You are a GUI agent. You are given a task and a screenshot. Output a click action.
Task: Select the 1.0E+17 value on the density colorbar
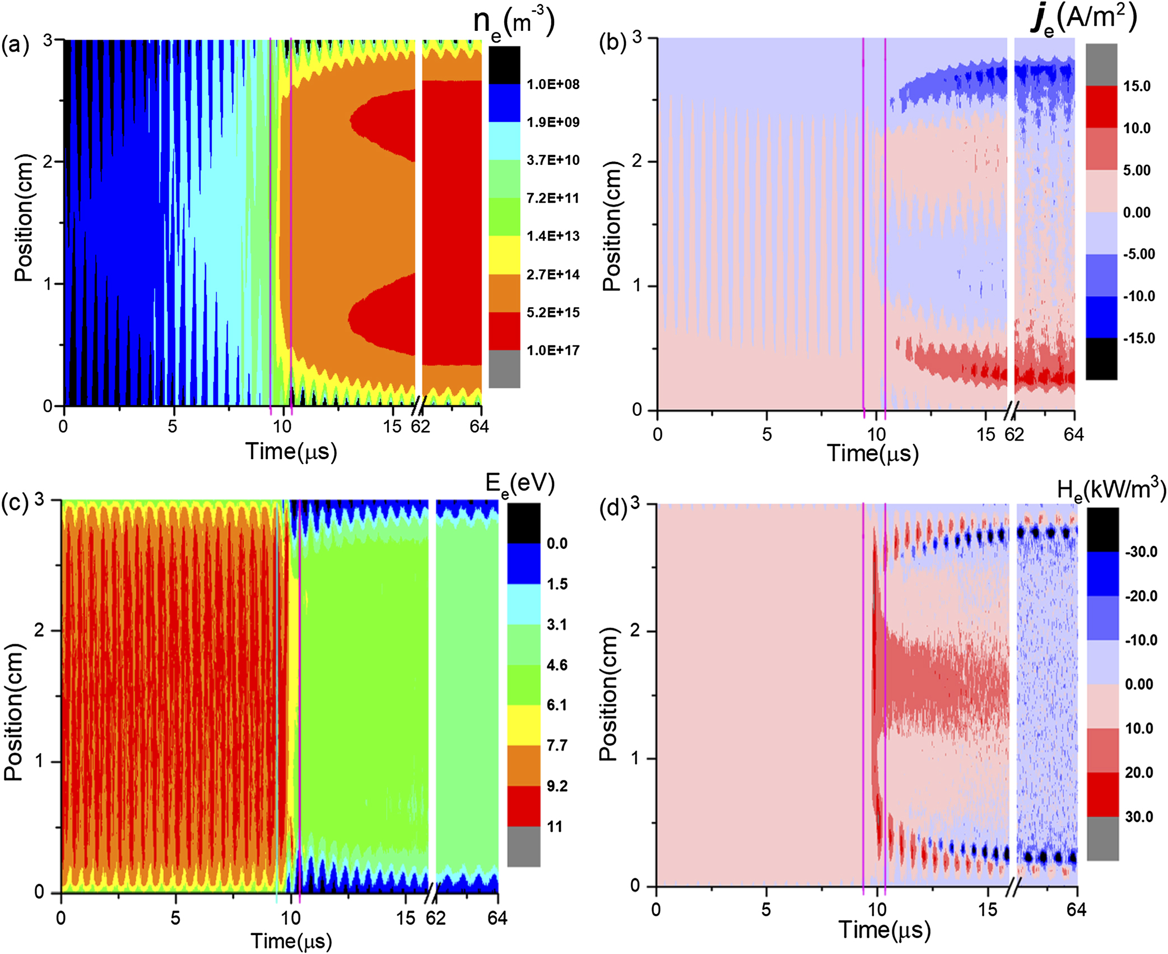click(552, 351)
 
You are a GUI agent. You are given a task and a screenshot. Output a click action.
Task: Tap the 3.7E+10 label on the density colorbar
click(552, 160)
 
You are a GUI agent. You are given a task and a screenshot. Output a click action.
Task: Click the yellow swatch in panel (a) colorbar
click(504, 255)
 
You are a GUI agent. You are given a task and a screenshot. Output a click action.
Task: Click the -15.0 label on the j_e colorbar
click(1138, 339)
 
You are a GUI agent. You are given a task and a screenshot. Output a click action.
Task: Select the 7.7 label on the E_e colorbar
click(557, 745)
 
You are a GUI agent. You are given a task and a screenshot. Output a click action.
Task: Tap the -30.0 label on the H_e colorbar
click(1141, 552)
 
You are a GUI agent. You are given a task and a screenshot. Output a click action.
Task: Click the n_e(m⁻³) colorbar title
click(513, 22)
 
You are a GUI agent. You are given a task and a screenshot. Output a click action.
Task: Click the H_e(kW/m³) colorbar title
click(1111, 490)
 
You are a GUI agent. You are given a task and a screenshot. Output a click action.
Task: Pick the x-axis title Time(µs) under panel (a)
click(291, 452)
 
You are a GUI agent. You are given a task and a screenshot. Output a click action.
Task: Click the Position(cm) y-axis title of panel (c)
click(13, 712)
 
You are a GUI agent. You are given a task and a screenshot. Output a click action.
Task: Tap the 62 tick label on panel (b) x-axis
click(1013, 435)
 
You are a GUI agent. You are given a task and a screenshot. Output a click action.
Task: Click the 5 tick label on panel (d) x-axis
click(766, 910)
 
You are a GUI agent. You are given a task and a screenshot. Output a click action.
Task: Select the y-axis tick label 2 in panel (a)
click(48, 161)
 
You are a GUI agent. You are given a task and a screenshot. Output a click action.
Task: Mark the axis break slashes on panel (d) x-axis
click(1013, 887)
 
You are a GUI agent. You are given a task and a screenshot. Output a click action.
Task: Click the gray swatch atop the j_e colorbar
click(1101, 64)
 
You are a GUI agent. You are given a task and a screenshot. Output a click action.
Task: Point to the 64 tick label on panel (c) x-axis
click(497, 919)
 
